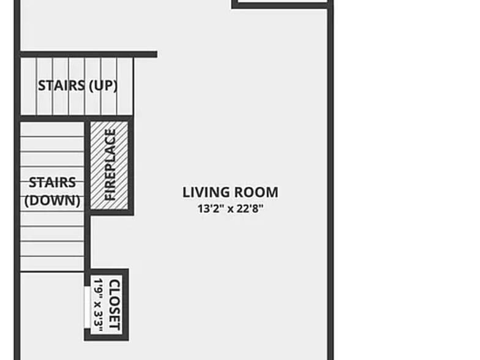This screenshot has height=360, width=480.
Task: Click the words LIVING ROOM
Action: (230, 192)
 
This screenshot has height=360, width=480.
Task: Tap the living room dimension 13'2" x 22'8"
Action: (230, 208)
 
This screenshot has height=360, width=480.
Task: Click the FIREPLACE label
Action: (110, 165)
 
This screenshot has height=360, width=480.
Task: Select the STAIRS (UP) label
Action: (77, 85)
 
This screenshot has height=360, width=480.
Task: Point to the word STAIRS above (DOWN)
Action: (53, 182)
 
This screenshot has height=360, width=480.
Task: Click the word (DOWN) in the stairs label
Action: (53, 200)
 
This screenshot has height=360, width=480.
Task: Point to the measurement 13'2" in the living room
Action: (208, 208)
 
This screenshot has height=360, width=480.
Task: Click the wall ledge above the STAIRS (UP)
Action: (89, 54)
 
